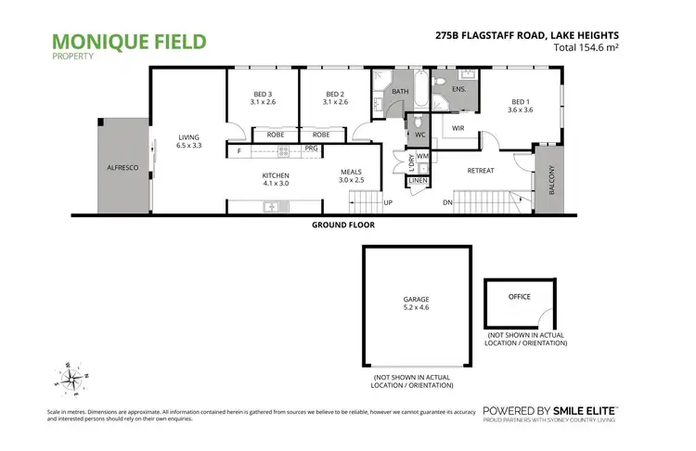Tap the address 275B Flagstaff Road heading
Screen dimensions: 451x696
tap(540, 36)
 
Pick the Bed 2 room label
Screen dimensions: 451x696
tap(335, 97)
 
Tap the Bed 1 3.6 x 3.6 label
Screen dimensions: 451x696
tap(521, 107)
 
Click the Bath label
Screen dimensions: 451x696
tap(400, 92)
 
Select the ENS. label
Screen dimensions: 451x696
tap(458, 89)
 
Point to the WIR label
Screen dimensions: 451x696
tap(458, 128)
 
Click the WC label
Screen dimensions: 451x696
tap(419, 135)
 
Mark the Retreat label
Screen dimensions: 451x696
tap(480, 171)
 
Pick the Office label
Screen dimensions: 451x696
tap(520, 296)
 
